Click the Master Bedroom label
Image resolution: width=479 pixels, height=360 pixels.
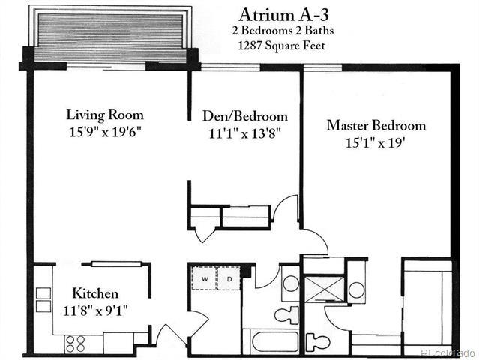click(x=376, y=125)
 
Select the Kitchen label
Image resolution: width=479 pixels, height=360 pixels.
click(x=94, y=292)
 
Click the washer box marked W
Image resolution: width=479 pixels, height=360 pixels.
click(x=204, y=279)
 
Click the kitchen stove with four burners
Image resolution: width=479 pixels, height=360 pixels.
click(x=75, y=343)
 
